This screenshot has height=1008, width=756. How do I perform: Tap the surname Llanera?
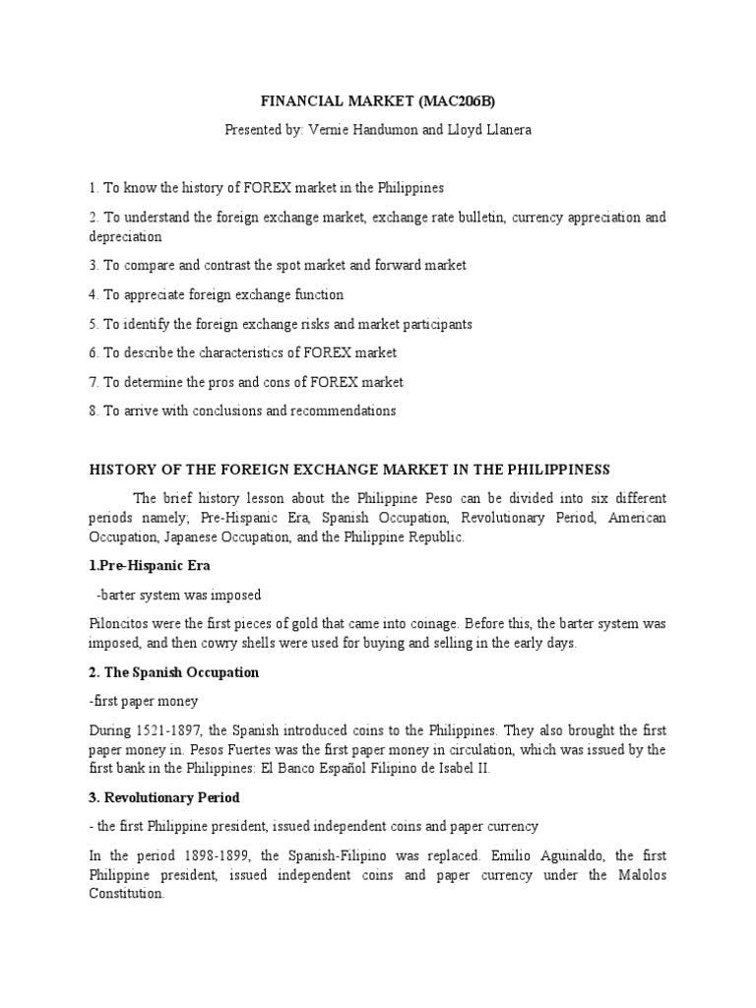pos(506,130)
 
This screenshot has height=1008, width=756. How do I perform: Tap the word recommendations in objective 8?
pos(339,410)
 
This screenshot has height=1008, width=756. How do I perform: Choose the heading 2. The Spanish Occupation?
pos(174,672)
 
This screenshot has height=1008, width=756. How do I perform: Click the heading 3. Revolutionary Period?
pos(164,797)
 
